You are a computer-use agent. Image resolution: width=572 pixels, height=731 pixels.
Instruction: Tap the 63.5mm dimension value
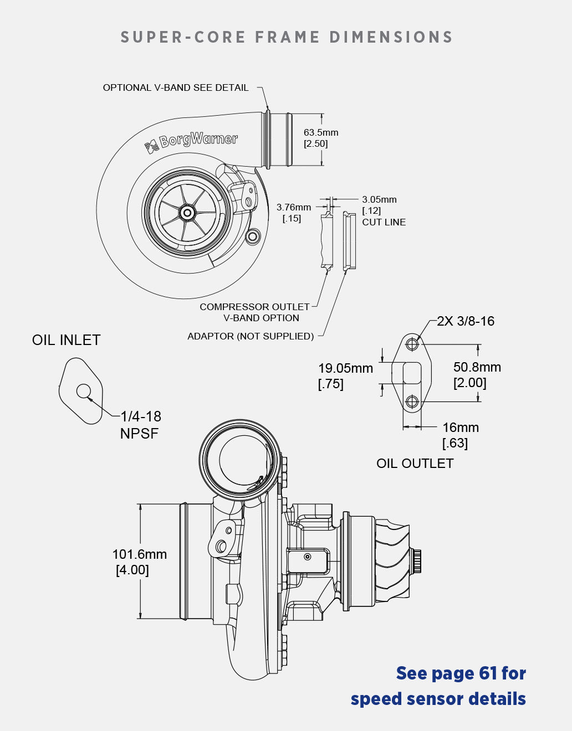(320, 133)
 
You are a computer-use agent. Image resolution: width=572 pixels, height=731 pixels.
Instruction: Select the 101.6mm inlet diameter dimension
(139, 554)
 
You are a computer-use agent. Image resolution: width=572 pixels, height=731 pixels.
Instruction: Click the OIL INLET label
(66, 340)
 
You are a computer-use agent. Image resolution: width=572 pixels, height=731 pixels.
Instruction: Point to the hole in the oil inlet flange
(84, 392)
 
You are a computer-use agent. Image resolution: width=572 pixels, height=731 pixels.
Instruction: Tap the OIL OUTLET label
(415, 464)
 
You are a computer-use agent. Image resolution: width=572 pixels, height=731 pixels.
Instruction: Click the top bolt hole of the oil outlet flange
(412, 344)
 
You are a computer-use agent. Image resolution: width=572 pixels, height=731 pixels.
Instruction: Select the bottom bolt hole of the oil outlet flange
(412, 401)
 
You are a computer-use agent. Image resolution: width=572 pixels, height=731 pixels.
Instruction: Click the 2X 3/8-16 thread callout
(466, 321)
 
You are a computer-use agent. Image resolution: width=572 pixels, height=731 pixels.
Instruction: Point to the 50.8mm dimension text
(477, 367)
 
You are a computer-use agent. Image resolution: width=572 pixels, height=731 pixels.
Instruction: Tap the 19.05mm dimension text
(345, 368)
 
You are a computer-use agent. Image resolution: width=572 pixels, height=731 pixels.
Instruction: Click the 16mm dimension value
(460, 428)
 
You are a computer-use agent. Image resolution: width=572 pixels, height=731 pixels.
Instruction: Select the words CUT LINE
(384, 222)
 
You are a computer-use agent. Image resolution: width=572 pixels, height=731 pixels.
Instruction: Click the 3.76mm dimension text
(294, 208)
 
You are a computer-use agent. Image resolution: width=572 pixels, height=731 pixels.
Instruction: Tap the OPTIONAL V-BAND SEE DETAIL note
(176, 87)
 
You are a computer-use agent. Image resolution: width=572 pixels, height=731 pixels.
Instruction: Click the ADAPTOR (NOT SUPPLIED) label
(251, 336)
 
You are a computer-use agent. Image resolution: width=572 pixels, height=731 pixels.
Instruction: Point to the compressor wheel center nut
(187, 213)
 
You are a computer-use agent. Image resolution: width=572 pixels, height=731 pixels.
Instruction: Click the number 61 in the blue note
(487, 673)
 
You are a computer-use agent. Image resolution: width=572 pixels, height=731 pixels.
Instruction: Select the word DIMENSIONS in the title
(391, 37)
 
